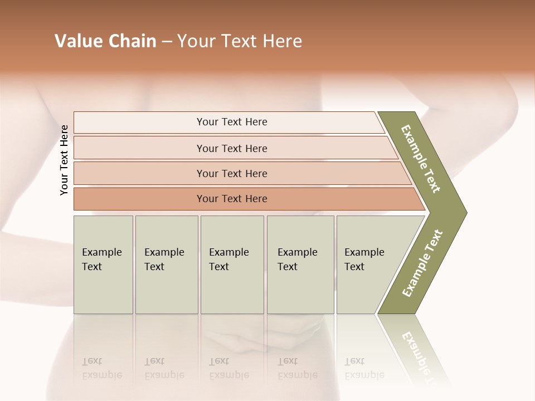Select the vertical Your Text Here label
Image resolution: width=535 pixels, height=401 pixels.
click(x=64, y=160)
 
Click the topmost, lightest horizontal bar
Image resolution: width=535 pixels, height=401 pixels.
click(x=232, y=122)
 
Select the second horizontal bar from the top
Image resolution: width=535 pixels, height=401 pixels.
click(x=232, y=148)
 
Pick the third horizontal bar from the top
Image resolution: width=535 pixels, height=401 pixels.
click(x=232, y=173)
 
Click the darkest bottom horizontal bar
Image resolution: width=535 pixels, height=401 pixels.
click(x=232, y=199)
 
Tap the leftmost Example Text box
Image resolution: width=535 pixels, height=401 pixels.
click(x=103, y=264)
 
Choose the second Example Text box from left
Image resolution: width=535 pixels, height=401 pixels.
click(x=166, y=264)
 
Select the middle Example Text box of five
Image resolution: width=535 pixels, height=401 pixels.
click(x=231, y=264)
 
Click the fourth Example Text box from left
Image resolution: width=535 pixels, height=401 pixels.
click(x=300, y=264)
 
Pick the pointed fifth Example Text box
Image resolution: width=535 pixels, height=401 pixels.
click(x=368, y=264)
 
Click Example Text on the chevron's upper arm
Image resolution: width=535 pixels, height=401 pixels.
click(x=421, y=159)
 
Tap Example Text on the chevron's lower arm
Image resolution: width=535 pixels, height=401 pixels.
click(x=422, y=263)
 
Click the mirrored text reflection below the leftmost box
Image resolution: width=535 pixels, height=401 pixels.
click(x=101, y=368)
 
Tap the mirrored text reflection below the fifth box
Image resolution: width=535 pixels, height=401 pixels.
click(x=364, y=368)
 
